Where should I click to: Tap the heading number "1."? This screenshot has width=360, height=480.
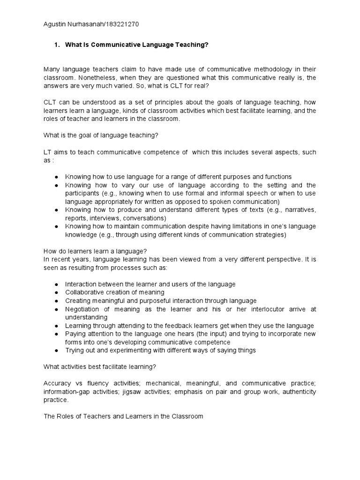point(57,45)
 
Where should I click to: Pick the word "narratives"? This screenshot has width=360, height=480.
point(298,210)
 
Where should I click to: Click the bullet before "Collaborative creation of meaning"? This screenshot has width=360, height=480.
point(56,292)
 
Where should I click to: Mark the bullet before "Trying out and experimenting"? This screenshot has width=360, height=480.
point(56,350)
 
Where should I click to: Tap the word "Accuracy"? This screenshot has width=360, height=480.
point(58,383)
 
